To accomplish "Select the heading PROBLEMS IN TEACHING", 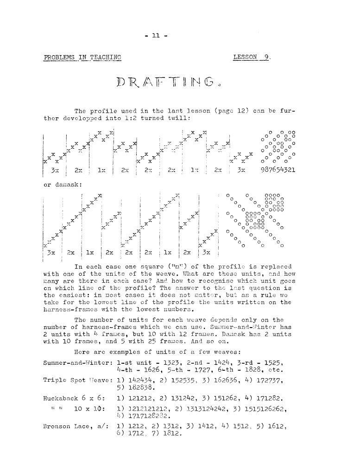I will pyautogui.click(x=82, y=57).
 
